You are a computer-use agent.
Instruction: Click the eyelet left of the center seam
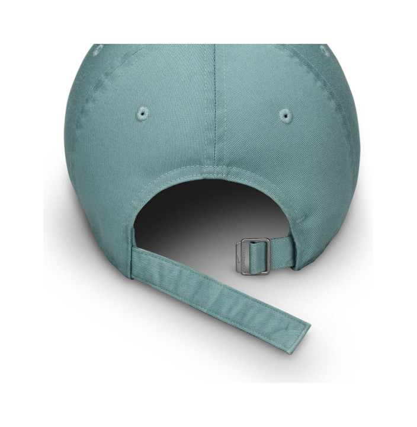coord(142,113)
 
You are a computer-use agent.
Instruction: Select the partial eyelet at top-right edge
coord(325,50)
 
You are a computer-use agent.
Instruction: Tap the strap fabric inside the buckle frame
coord(258,256)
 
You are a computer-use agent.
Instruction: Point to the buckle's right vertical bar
coord(268,256)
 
